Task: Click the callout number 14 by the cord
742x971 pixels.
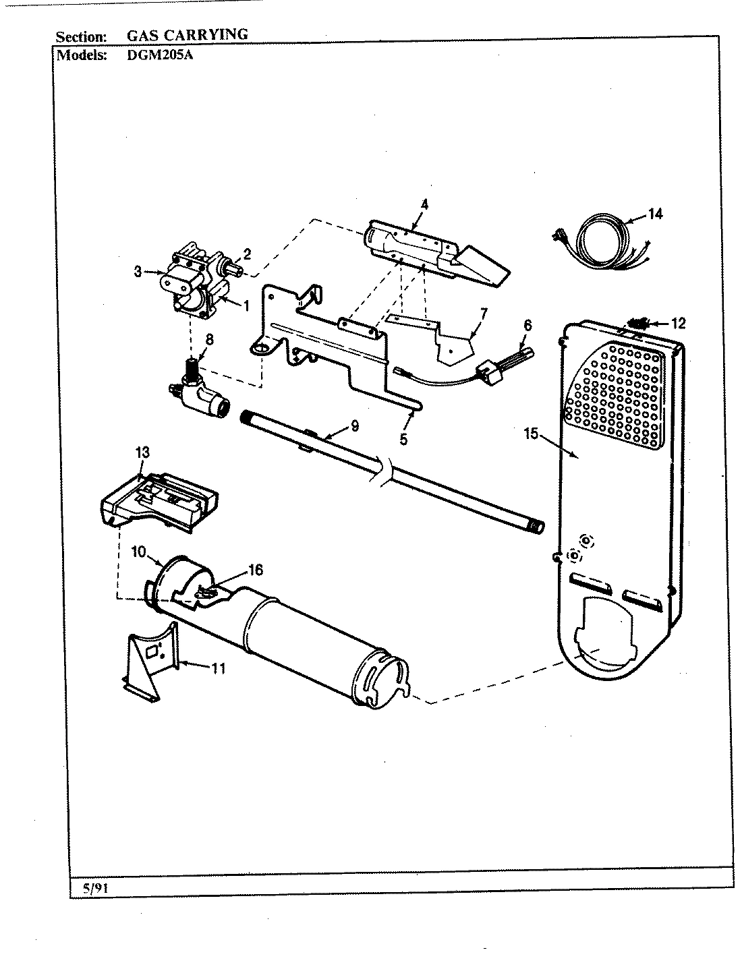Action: (655, 214)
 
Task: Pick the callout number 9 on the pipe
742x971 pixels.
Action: (354, 425)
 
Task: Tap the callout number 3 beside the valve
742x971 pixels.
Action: (138, 272)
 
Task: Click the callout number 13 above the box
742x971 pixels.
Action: (142, 452)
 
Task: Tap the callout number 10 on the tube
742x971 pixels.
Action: (139, 552)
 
